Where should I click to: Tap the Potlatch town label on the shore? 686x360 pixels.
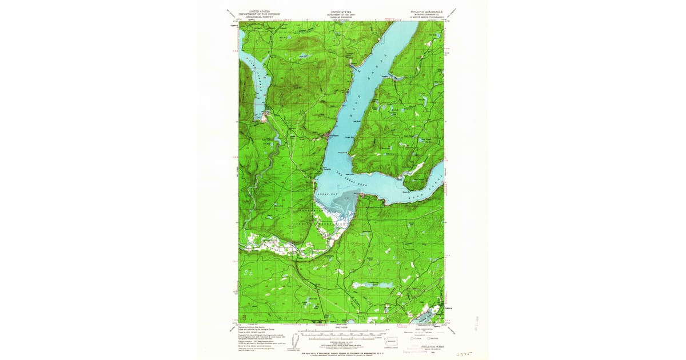point(325,170)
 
